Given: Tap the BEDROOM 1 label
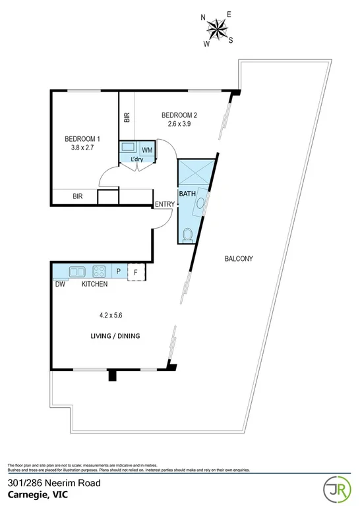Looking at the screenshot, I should click(x=82, y=139).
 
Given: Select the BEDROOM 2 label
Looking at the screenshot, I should click(x=179, y=115).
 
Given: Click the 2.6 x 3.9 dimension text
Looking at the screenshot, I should click(x=179, y=125).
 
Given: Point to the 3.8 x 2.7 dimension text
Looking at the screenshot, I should click(x=82, y=148).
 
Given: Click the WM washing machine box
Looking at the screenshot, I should click(x=147, y=150).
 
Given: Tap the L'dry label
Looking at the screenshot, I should click(x=136, y=159).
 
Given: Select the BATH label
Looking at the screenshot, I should click(x=187, y=194).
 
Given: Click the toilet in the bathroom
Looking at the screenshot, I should click(x=189, y=234).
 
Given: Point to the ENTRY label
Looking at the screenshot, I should click(x=164, y=204).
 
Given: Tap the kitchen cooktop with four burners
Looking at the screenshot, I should click(x=100, y=271).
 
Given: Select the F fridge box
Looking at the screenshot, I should click(x=136, y=271).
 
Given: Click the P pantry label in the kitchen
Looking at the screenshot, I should click(x=119, y=271).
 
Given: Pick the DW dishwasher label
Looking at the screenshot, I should click(x=60, y=284).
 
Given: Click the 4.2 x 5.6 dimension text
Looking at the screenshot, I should click(x=107, y=315).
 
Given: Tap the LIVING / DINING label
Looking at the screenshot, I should click(x=115, y=336).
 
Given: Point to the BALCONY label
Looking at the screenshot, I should click(x=237, y=258).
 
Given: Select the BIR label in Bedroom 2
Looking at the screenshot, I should click(x=127, y=118).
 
